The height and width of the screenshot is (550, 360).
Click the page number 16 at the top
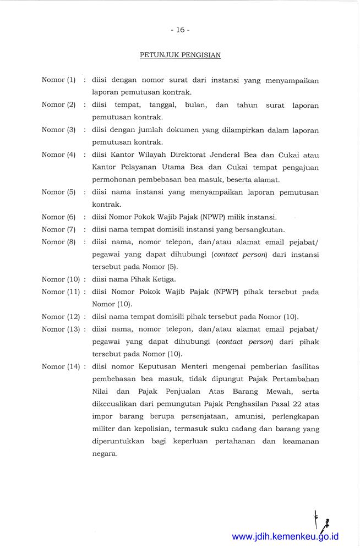point(180,30)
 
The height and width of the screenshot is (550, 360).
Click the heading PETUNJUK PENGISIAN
point(180,55)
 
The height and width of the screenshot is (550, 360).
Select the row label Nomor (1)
point(58,80)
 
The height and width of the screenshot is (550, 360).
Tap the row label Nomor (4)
point(58,155)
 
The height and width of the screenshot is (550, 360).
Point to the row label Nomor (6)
point(58,217)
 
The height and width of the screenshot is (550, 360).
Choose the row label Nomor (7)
point(58,229)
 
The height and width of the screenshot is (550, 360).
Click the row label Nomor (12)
point(61,316)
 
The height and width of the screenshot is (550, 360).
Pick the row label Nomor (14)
point(61,366)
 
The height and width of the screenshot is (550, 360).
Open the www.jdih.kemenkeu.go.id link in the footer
point(285,536)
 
